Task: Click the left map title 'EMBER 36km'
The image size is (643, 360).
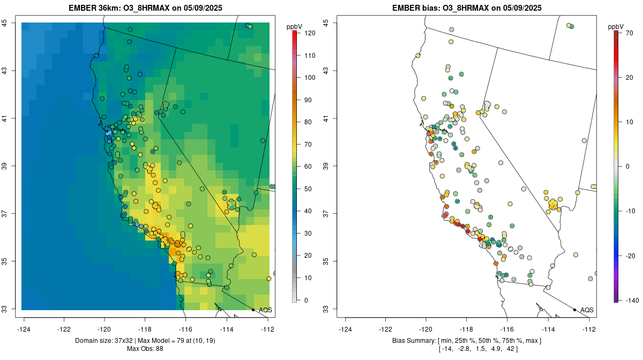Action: point(91,8)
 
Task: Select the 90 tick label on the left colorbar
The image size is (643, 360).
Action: point(309,100)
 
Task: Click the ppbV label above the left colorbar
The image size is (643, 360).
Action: point(294,26)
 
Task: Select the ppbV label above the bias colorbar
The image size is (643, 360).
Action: point(616,26)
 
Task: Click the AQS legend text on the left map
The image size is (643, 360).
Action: point(265,310)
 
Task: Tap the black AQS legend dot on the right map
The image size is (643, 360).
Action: point(574,310)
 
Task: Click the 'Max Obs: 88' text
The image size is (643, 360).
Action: point(145,349)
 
